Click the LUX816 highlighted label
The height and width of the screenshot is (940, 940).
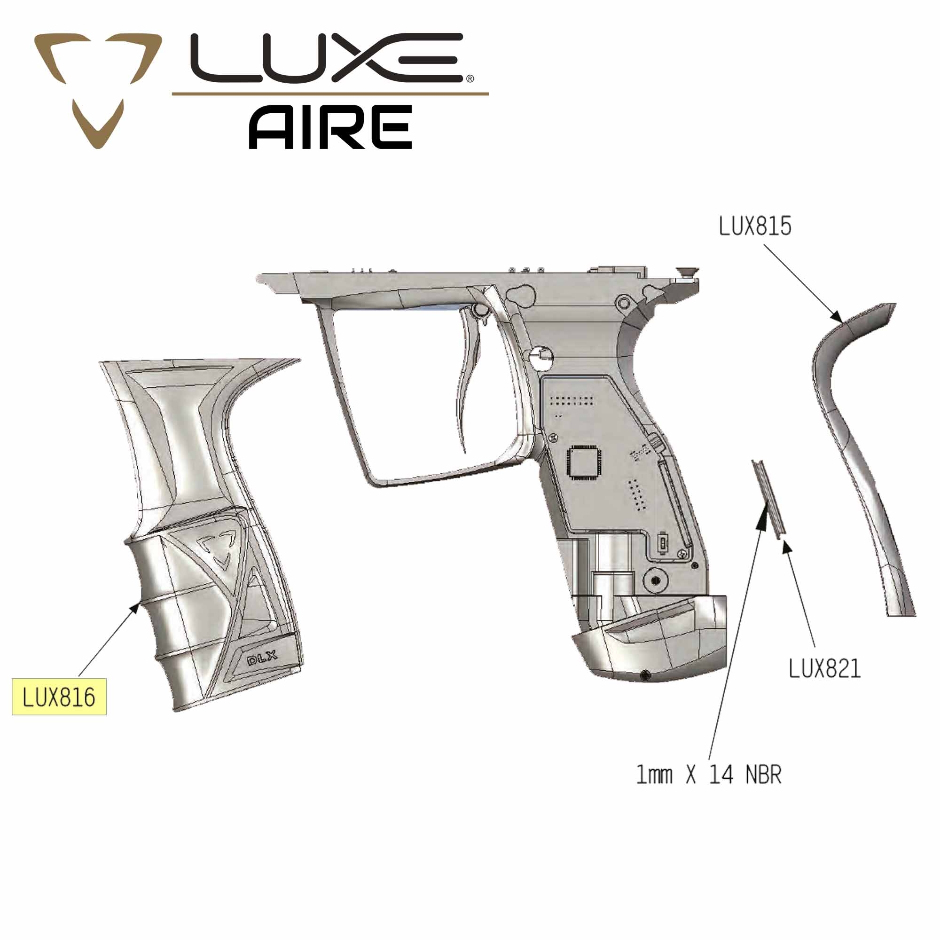pos(59,697)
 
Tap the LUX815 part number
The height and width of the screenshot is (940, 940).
pos(755,226)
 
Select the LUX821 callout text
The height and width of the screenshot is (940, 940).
pos(824,669)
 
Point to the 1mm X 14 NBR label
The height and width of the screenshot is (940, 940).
pos(709,774)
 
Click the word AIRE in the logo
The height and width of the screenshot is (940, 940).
pos(330,127)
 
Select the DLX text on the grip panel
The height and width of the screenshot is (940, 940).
pos(262,659)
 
